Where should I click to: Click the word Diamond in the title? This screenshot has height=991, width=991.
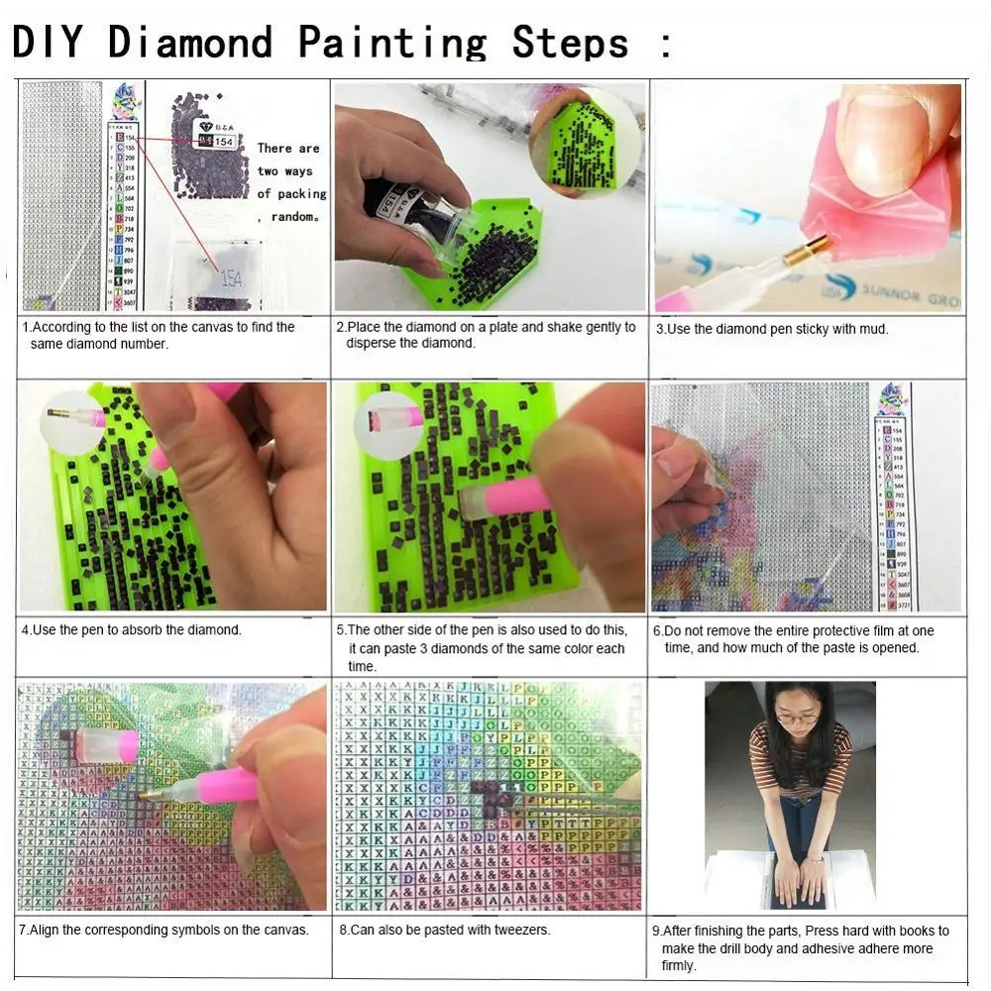[189, 43]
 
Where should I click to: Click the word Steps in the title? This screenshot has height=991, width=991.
[570, 43]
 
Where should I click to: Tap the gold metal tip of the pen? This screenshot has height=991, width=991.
[802, 256]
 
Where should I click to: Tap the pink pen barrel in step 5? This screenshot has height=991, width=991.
[516, 495]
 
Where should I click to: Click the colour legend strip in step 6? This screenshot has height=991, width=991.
[897, 495]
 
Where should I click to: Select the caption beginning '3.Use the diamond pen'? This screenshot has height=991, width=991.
[772, 328]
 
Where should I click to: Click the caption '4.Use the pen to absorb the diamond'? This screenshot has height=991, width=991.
[131, 630]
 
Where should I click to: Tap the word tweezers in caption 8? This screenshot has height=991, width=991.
[520, 930]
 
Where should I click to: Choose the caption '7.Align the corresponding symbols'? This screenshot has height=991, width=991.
[165, 930]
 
